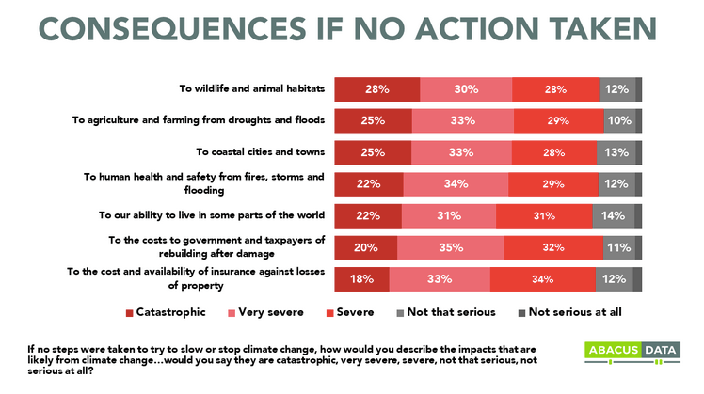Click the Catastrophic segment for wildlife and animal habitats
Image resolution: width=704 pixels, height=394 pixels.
[x=376, y=89]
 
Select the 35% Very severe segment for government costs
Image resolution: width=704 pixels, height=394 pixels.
[x=450, y=247]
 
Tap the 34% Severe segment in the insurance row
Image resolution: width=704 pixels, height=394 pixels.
[x=542, y=279]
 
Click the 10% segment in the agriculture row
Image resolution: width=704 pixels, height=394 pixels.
[x=618, y=120]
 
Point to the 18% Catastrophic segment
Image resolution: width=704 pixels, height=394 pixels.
[x=361, y=279]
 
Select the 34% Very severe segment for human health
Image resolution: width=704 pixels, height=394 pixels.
[x=456, y=183]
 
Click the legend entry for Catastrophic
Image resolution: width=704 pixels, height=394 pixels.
[x=163, y=312]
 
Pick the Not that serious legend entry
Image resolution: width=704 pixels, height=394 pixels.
[x=446, y=312]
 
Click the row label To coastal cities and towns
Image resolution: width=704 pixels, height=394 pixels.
[x=260, y=151]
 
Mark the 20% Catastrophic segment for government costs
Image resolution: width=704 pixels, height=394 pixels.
[x=365, y=247]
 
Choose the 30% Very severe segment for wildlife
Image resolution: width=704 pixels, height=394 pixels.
[x=466, y=89]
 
